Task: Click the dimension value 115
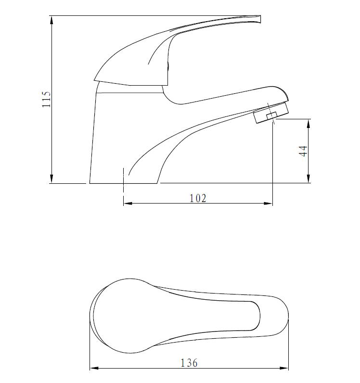point(47,99)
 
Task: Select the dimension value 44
point(303,151)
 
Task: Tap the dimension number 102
point(197,198)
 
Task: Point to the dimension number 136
point(189,363)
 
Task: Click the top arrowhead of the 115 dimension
point(51,20)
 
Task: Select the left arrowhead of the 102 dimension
point(128,204)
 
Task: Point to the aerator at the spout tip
point(270,114)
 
